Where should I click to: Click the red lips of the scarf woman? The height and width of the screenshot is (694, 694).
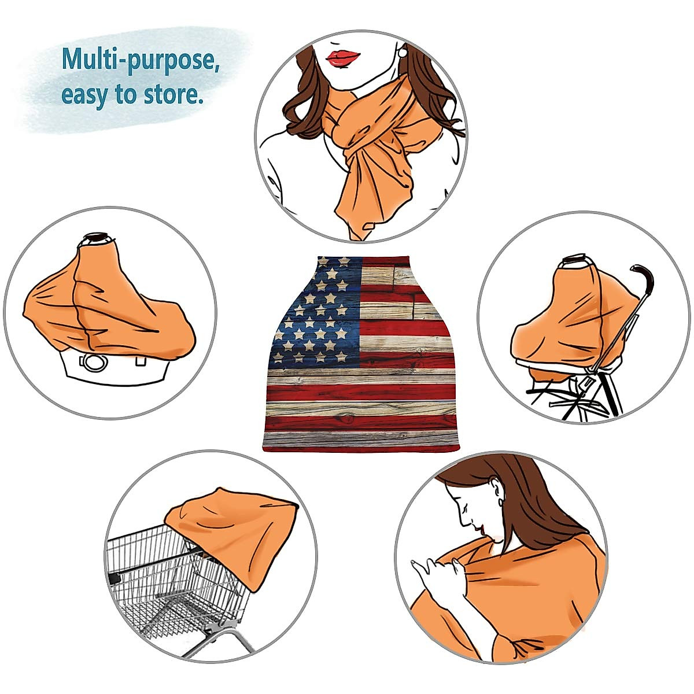(x=343, y=58)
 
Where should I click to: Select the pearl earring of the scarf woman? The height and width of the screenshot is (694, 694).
(x=402, y=52)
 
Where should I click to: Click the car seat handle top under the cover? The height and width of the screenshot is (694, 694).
(x=96, y=238)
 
